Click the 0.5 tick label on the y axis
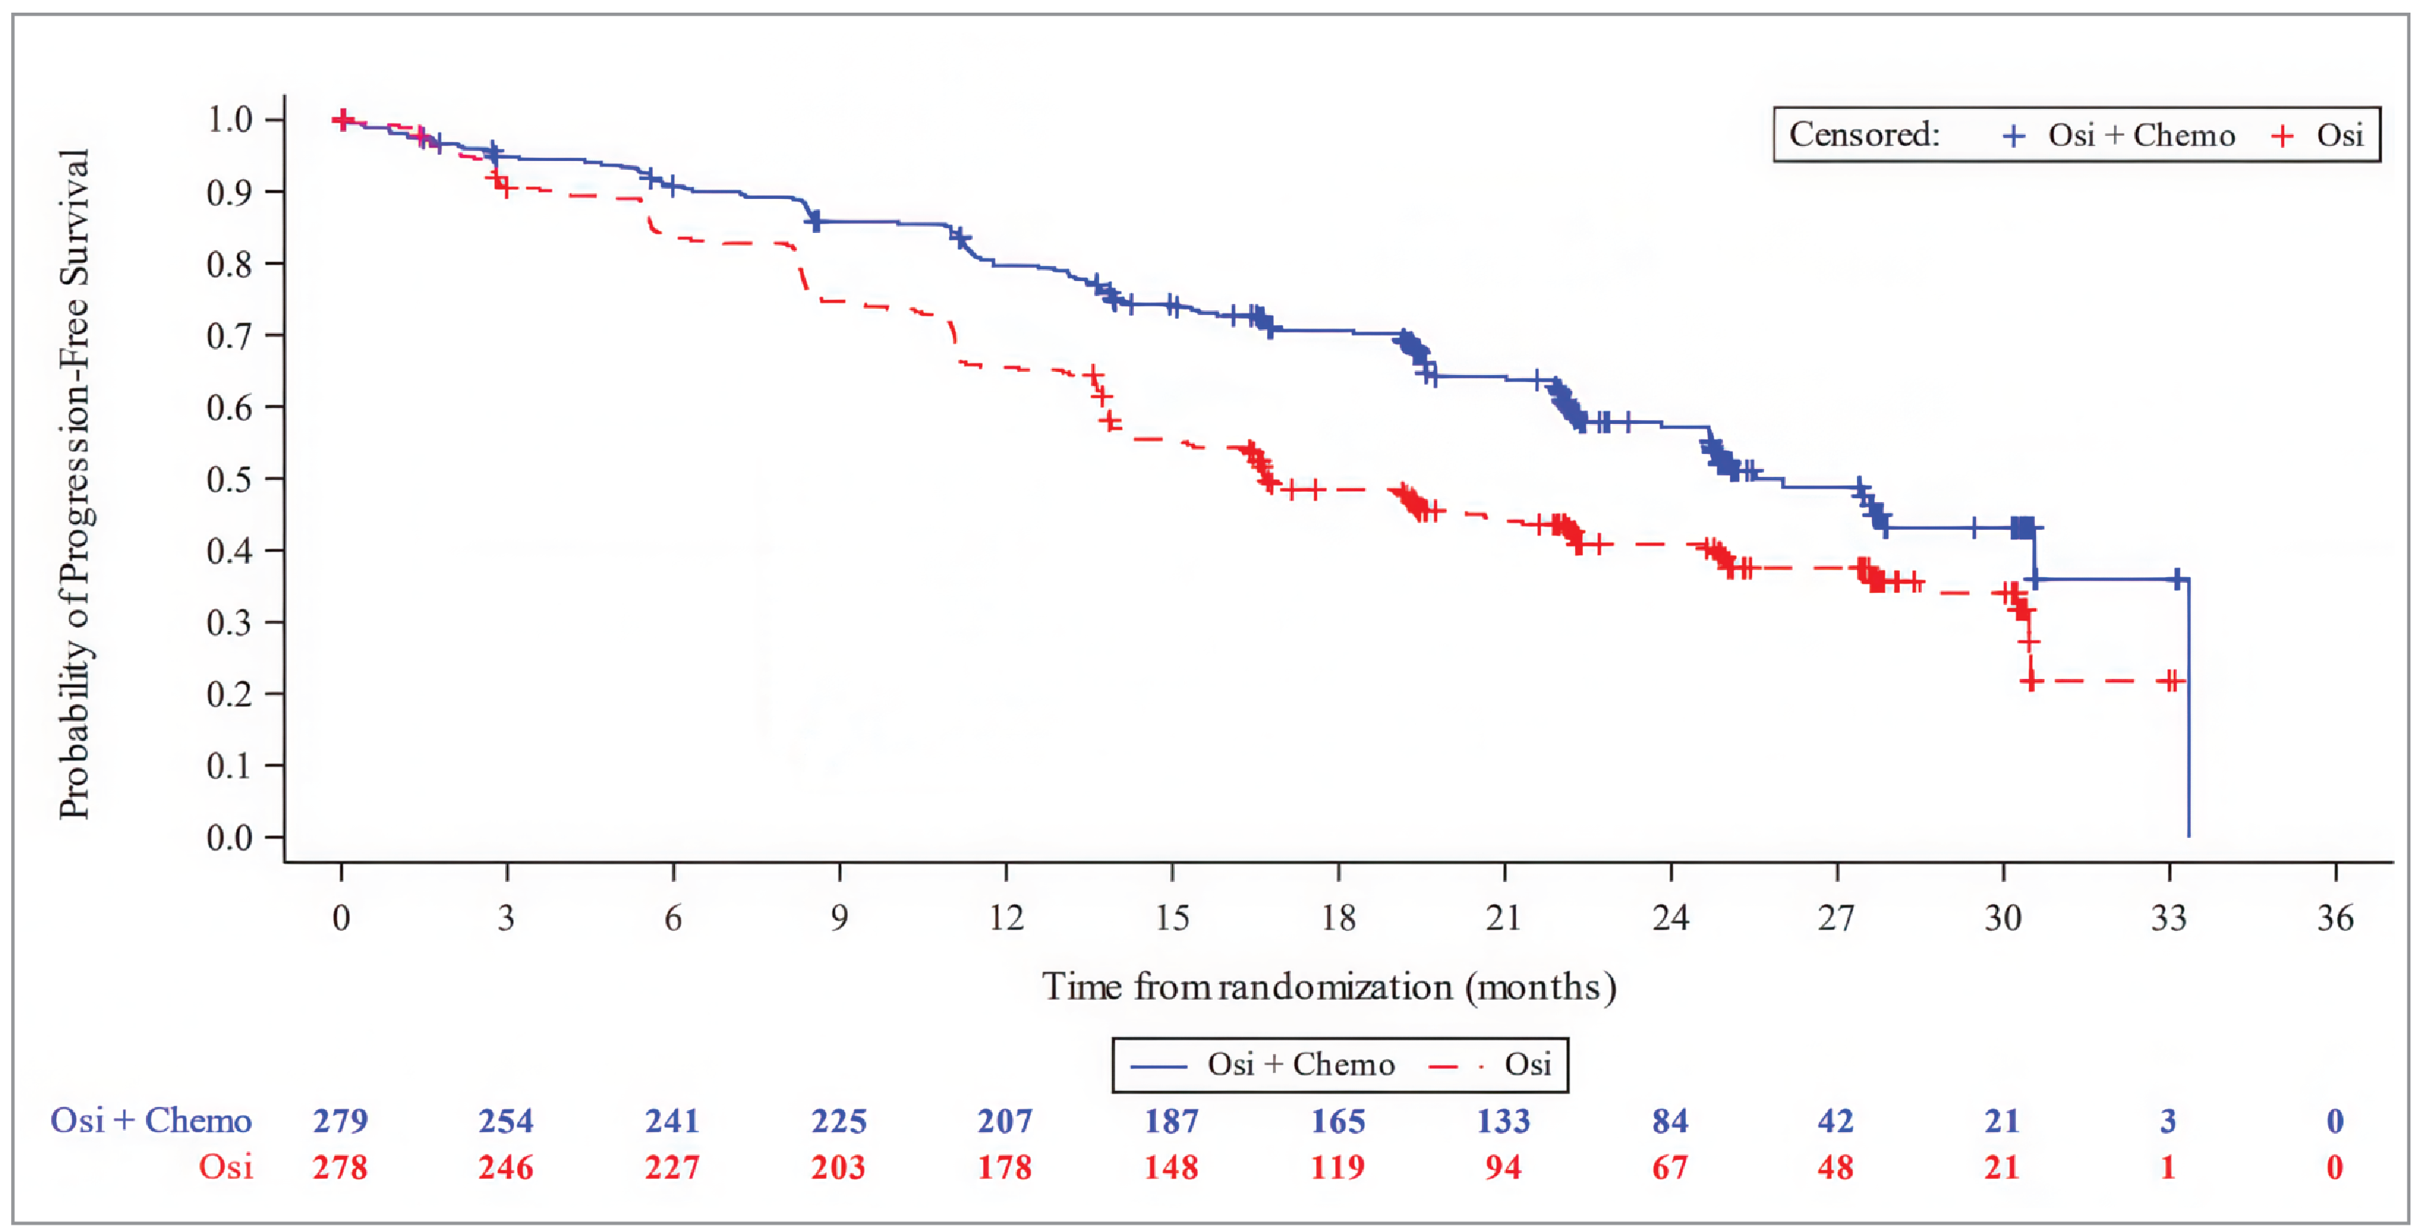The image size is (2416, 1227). (x=229, y=478)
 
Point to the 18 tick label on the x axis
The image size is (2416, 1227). (x=1337, y=917)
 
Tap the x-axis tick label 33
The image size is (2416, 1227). (x=2168, y=917)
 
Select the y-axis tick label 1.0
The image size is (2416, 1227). (x=229, y=119)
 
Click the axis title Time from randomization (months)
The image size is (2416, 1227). (x=1329, y=987)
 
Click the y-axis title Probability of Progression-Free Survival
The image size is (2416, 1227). (x=74, y=483)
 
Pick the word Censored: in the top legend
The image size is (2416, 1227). (x=1863, y=135)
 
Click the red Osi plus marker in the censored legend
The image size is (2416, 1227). (x=2282, y=137)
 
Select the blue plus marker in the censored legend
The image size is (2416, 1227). (x=2013, y=137)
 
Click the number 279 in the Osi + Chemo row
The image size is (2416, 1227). (x=340, y=1121)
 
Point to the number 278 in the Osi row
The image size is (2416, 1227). (x=340, y=1168)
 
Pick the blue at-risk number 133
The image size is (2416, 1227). (x=1503, y=1121)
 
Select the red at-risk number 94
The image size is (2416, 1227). (x=1503, y=1168)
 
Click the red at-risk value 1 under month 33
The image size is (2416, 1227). (x=2167, y=1168)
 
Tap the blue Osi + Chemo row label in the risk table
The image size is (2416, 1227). (x=151, y=1121)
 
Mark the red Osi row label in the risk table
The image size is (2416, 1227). (x=226, y=1168)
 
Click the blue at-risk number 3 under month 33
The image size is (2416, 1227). (x=2167, y=1121)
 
